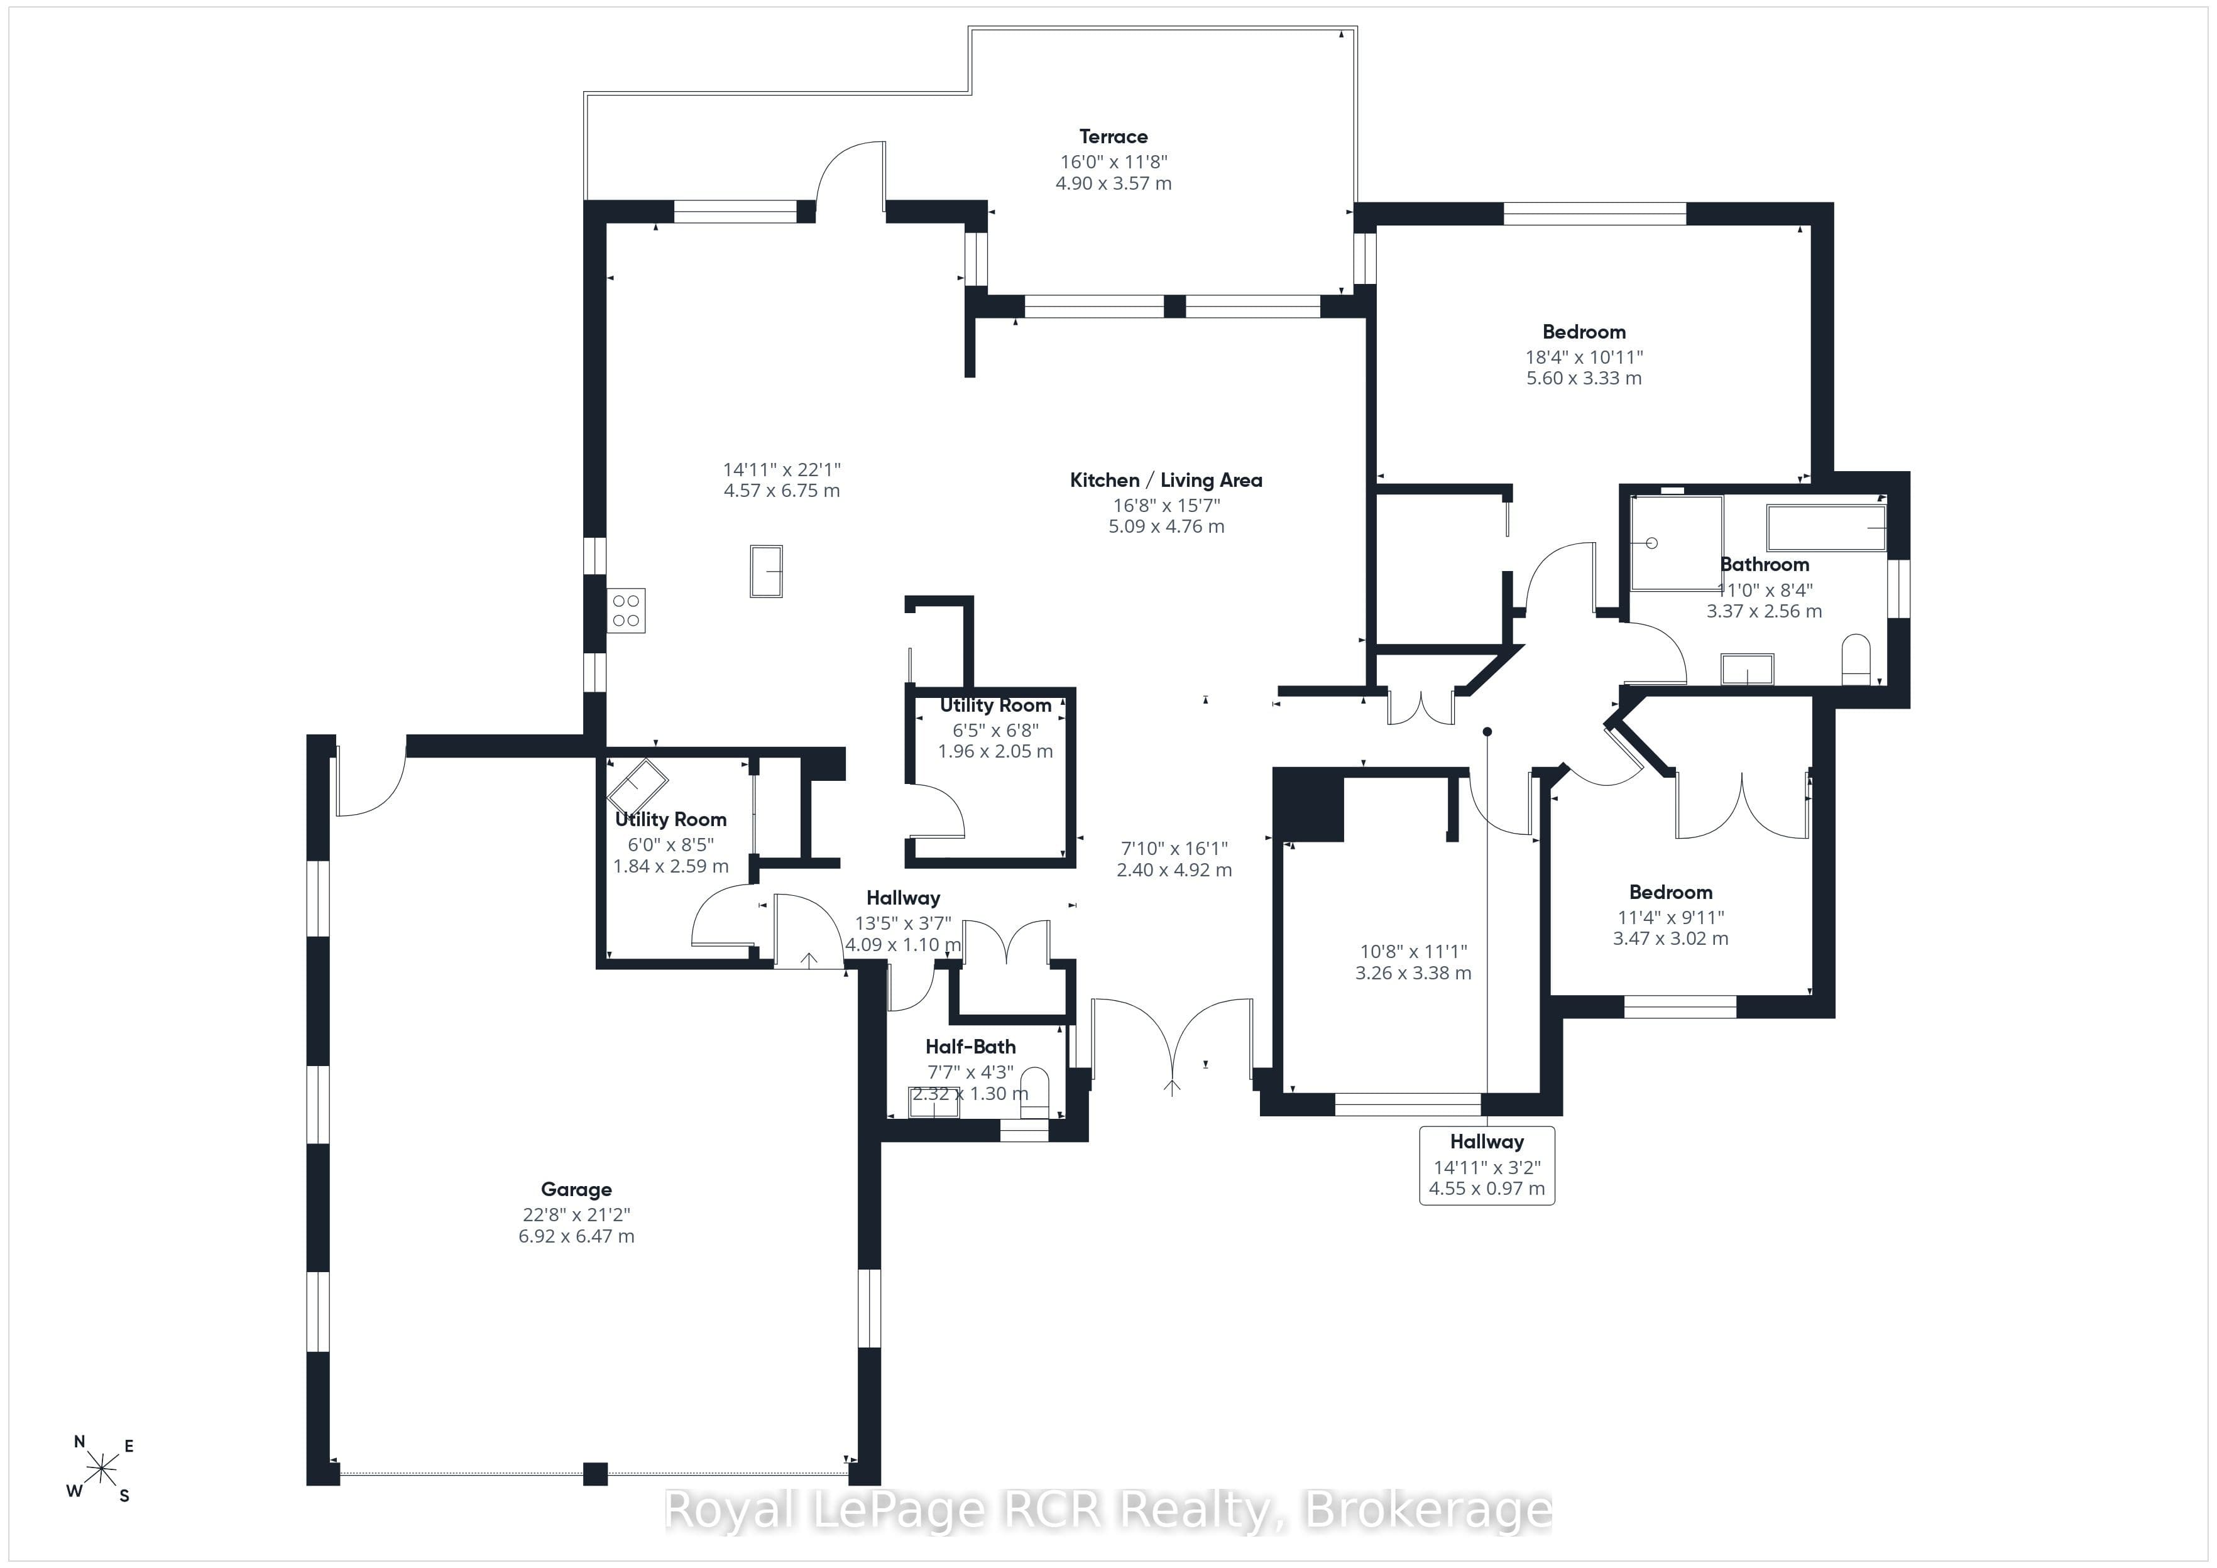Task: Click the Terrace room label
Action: [1114, 137]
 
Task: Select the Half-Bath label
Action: [970, 1047]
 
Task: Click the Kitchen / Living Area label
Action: [1166, 481]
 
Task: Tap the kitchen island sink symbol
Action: [767, 572]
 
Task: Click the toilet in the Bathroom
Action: [1856, 660]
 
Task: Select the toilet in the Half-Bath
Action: [1034, 1092]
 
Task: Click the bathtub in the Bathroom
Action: [1826, 527]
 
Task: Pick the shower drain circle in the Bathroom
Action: [1651, 543]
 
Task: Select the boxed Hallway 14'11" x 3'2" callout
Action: [1487, 1165]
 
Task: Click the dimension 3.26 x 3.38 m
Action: [1414, 973]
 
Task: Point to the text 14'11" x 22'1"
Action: [782, 470]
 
